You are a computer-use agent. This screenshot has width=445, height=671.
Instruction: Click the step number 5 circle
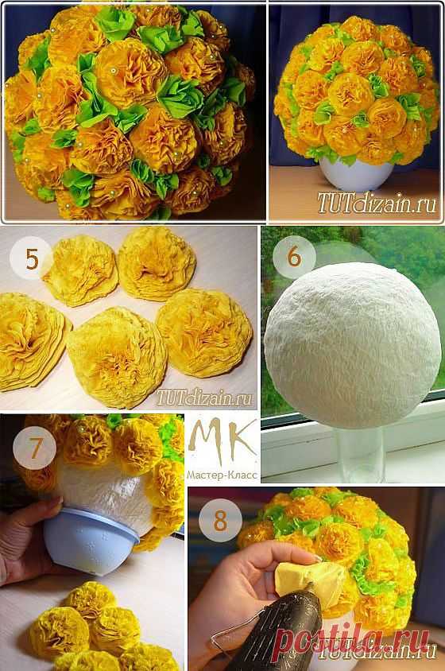tap(32, 258)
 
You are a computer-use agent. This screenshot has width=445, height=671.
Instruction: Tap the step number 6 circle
tap(294, 256)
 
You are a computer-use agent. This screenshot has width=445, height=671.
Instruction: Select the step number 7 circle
tap(34, 448)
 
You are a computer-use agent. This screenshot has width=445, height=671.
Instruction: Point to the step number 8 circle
tap(220, 521)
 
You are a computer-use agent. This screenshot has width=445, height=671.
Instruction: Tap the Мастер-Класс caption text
tap(222, 475)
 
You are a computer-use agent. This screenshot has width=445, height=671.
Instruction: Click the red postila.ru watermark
tap(352, 639)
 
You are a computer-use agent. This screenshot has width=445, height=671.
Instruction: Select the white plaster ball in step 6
tap(352, 346)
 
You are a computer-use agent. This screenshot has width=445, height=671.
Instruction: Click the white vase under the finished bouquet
tap(356, 174)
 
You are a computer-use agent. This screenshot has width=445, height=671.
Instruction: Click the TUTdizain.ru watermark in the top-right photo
tap(377, 204)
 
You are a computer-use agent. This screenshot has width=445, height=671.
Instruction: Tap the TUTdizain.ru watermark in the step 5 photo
tap(205, 398)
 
